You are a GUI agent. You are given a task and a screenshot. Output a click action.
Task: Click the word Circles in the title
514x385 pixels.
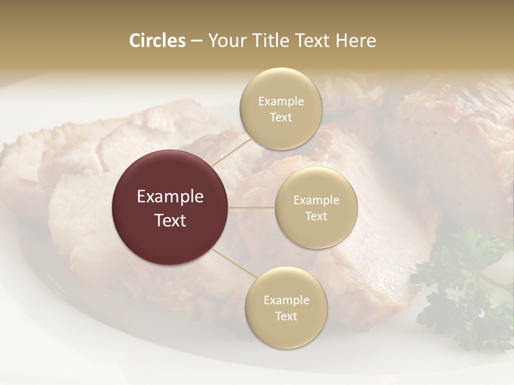click(157, 41)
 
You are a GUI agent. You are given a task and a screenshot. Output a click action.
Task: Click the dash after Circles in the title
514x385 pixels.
click(196, 41)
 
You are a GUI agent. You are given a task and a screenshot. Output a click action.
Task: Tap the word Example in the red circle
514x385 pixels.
click(170, 197)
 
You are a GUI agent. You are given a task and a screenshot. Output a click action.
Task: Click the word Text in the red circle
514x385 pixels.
click(170, 220)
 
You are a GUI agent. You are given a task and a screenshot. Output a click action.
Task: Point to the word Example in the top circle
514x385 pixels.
click(281, 102)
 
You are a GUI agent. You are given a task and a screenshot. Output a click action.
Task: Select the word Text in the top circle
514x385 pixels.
click(281, 118)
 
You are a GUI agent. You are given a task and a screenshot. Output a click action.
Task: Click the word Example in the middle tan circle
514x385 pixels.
click(316, 201)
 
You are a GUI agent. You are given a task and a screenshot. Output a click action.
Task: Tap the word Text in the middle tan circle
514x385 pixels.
click(316, 216)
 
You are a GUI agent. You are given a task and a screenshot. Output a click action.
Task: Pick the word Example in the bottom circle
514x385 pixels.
click(286, 301)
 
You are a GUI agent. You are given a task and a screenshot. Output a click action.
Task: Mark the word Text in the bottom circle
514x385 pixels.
click(286, 316)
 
